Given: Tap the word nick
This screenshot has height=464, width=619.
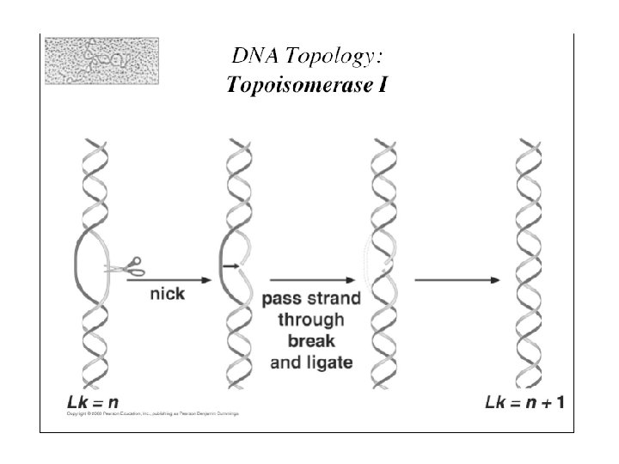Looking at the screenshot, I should tap(167, 294).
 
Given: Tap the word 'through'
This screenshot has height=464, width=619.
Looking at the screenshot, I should tap(311, 321).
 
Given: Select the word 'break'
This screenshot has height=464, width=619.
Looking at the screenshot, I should tap(311, 341).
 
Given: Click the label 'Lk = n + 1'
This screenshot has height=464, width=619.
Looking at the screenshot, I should tap(524, 401).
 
